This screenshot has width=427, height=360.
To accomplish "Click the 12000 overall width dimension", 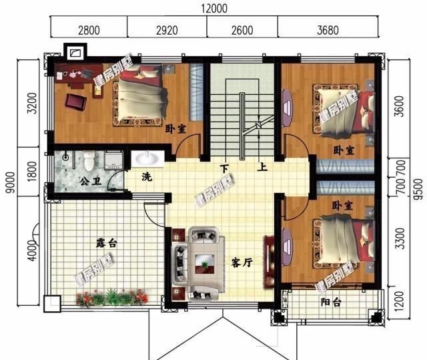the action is [x=214, y=8].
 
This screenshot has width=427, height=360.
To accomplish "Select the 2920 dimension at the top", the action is [x=167, y=30].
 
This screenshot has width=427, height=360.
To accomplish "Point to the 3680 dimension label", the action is [x=328, y=30].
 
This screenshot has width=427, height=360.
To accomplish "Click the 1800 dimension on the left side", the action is [x=32, y=172].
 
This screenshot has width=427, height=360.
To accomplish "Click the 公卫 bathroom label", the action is [x=91, y=182].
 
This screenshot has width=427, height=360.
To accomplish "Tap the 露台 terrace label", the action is [x=106, y=243].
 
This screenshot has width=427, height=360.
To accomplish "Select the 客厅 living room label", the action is [x=242, y=263].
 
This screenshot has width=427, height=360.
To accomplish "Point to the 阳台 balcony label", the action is [x=331, y=302].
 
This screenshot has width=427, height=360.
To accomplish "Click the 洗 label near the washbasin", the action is [x=147, y=177].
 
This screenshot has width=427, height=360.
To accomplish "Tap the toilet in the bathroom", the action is [x=89, y=161].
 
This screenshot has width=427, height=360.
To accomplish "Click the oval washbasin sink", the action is [x=147, y=158].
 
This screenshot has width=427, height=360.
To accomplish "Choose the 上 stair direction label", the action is [x=262, y=167].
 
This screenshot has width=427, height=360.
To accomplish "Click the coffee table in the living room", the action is [x=204, y=264].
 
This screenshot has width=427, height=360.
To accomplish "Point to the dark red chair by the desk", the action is [x=76, y=102].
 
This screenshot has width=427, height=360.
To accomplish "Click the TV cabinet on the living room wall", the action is [x=268, y=261].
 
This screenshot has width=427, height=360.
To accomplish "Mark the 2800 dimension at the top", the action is [x=89, y=30].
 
